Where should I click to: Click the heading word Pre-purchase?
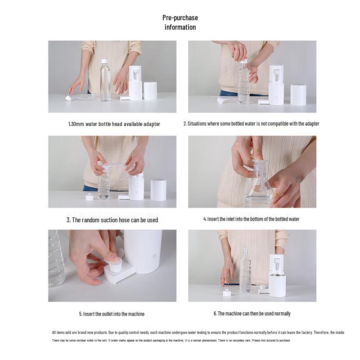(180, 18)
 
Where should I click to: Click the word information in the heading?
(180, 27)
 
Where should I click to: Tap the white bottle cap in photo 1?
(104, 61)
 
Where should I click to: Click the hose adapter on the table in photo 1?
(68, 98)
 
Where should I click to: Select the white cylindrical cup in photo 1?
(150, 91)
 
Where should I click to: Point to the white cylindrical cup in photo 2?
(298, 94)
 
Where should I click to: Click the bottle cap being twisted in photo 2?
(243, 61)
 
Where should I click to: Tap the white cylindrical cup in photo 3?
(158, 190)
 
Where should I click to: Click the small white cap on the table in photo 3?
(89, 197)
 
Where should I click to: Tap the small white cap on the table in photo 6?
(227, 293)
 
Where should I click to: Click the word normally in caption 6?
(282, 314)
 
